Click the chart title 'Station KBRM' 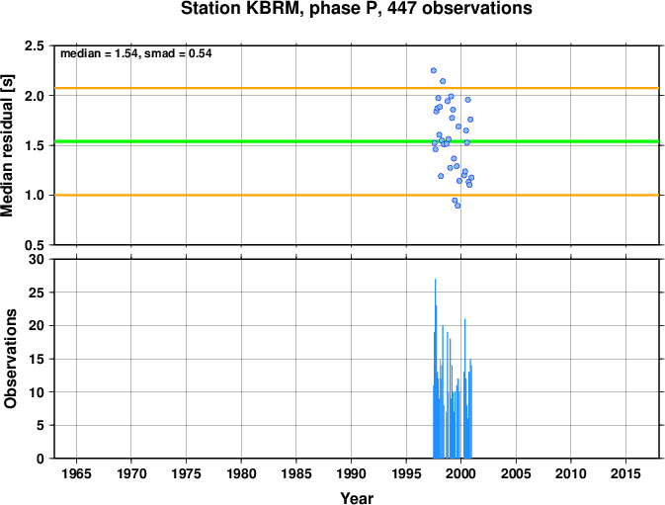click(242, 8)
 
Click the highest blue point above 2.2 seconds click(434, 70)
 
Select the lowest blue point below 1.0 click(457, 206)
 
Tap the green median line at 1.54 click(357, 141)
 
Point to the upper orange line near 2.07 click(357, 88)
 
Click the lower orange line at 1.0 click(357, 195)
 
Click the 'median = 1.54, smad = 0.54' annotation click(136, 53)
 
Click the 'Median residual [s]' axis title click(7, 145)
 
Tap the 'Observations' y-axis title click(10, 359)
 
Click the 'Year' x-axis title click(357, 498)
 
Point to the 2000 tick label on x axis click(461, 473)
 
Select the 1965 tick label click(76, 473)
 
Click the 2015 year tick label click(625, 473)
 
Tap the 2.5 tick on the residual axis click(35, 45)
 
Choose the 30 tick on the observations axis click(37, 259)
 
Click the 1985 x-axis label click(296, 473)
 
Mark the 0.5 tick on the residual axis click(35, 245)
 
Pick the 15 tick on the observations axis click(37, 359)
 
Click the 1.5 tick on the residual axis click(35, 145)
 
